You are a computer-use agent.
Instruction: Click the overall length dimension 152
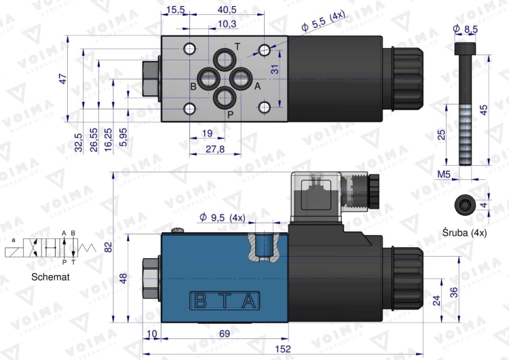tap(284, 349)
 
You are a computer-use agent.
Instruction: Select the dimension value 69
tap(224, 334)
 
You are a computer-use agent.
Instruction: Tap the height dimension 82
tap(109, 247)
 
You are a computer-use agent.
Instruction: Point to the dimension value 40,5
tap(227, 10)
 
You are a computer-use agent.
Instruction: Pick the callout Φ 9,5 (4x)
tap(222, 218)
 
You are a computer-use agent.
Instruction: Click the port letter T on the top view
tap(237, 46)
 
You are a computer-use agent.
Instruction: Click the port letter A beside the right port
tap(257, 86)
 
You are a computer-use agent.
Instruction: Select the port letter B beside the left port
tap(193, 87)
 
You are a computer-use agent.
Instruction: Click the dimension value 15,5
tap(176, 10)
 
